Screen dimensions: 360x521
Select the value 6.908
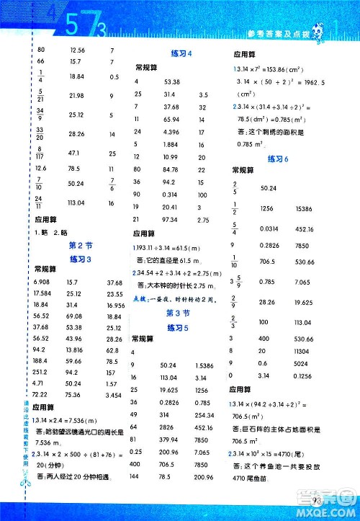[45, 282]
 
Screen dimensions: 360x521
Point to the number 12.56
[76, 50]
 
